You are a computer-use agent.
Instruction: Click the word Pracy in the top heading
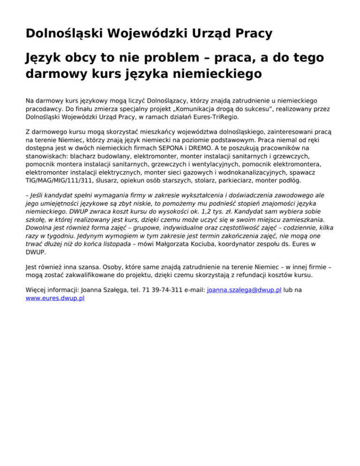(249, 33)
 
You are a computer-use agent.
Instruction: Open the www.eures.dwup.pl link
(55, 298)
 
